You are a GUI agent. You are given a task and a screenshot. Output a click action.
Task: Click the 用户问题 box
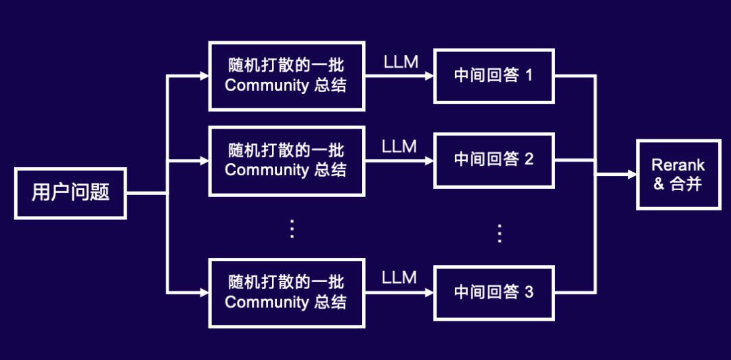pos(70,193)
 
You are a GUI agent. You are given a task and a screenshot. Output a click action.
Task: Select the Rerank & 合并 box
pos(678,174)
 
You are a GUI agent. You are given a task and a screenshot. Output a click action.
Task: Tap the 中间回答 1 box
pos(493,75)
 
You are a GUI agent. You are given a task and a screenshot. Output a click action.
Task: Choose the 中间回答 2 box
pos(493,160)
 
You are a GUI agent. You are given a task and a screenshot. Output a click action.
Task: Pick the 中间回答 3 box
pos(493,293)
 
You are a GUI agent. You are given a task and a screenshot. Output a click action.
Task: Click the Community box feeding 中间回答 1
pos(287,76)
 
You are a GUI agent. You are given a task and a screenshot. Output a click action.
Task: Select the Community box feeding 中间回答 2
pos(287,160)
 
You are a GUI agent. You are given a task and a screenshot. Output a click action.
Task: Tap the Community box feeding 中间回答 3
pos(287,292)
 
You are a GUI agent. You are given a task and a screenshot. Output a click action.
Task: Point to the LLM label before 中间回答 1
pos(401,62)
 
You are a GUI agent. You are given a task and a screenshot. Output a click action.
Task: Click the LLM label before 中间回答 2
pos(399,147)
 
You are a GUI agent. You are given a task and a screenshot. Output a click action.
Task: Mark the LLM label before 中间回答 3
pos(399,277)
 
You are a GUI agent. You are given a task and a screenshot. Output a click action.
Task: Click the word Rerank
pos(678,165)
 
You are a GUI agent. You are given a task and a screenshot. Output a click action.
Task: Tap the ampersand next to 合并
pos(659,184)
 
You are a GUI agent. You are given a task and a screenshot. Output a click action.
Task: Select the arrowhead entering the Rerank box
pos(632,174)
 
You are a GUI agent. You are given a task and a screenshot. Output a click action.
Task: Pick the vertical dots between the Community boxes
pos(292,228)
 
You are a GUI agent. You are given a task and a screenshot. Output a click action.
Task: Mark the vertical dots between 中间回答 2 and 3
pos(500,233)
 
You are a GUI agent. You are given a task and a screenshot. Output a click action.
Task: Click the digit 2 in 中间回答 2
pos(529,160)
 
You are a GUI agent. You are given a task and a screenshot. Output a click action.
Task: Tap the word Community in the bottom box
pos(267,302)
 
